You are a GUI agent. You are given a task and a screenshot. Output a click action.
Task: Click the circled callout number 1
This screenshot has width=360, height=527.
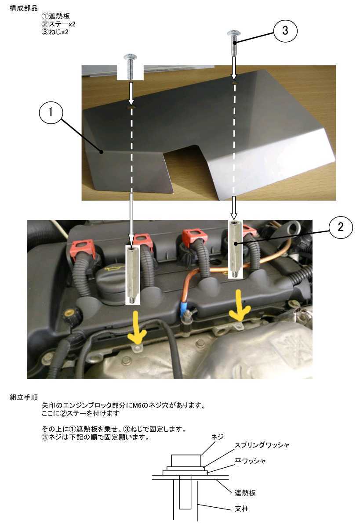51,112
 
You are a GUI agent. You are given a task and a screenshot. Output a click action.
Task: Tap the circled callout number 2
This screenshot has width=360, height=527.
341,227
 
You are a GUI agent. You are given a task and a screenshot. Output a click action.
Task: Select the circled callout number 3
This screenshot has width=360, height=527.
285,31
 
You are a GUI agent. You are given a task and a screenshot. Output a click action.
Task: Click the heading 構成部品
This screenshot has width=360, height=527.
24,8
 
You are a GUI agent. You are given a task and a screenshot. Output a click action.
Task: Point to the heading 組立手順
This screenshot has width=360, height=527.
24,397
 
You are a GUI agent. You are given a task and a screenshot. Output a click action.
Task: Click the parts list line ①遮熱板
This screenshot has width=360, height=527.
55,16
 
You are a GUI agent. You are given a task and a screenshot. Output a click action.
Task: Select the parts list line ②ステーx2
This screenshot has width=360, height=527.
58,24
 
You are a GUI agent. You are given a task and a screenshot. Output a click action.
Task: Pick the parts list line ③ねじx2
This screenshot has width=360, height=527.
55,32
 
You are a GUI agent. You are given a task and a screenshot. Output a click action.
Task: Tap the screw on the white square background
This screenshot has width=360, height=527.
130,67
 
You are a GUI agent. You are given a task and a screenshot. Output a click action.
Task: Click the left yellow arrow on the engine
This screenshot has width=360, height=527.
137,328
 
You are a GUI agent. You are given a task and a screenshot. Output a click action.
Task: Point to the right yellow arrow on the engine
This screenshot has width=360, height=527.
240,306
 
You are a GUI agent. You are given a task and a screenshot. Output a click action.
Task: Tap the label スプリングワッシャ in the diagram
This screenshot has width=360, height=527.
262,445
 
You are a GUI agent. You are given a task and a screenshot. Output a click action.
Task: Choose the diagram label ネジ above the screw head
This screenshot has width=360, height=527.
217,437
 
